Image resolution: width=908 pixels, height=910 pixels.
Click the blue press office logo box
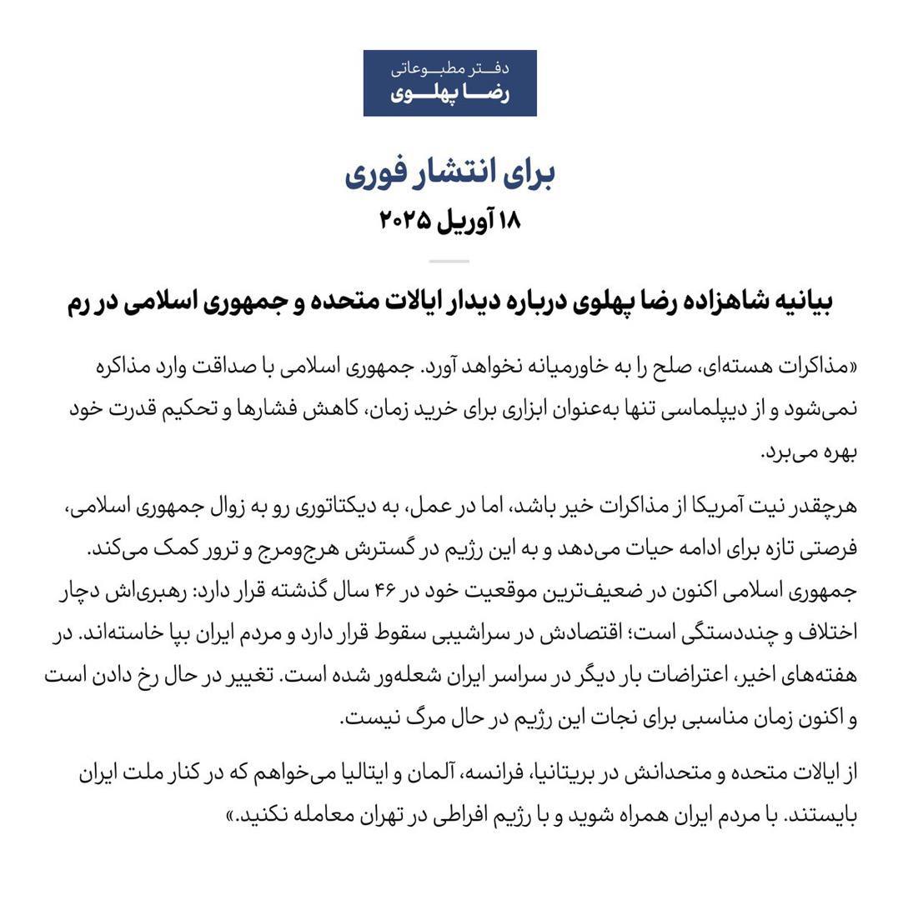click(x=449, y=83)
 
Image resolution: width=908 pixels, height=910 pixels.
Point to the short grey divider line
click(x=449, y=261)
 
